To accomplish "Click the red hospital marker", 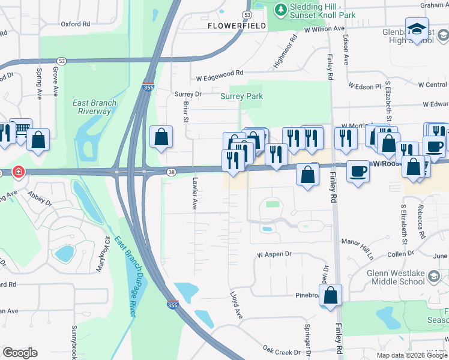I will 19,172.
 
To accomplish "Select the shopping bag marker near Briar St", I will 161,137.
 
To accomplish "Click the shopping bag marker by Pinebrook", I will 330,295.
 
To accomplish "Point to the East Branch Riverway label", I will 95,106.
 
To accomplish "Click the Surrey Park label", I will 241,96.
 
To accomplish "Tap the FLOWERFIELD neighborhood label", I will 236,26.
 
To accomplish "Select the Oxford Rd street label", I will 75,25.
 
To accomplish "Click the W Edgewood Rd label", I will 220,73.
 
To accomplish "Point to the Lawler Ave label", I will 194,193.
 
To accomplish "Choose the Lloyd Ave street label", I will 236,305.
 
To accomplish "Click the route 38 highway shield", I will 170,172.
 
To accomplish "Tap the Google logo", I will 20,353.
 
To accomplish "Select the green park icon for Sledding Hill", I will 280,10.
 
